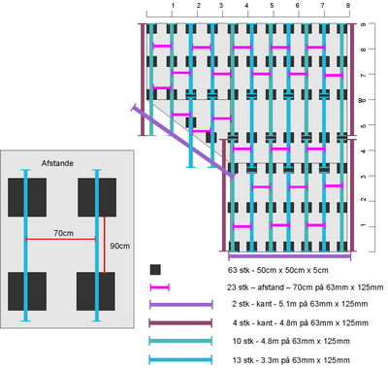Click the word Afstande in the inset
(x=57, y=163)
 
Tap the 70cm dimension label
(x=63, y=233)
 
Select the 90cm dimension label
(x=120, y=246)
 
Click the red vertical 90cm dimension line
(x=104, y=245)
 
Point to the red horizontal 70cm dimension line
(x=60, y=239)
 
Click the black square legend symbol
(x=155, y=270)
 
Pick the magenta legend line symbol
(x=160, y=287)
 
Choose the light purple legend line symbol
(x=181, y=304)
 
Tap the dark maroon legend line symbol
(x=180, y=322)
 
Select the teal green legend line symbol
(x=180, y=341)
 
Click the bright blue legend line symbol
(x=180, y=359)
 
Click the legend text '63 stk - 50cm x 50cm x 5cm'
(x=278, y=270)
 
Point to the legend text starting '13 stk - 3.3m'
(x=291, y=360)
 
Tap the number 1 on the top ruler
(x=173, y=6)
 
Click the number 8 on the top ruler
(x=348, y=6)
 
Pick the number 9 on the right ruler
(x=364, y=24)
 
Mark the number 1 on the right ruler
(x=364, y=225)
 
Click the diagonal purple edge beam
(x=183, y=141)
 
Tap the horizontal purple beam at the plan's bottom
(x=290, y=256)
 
